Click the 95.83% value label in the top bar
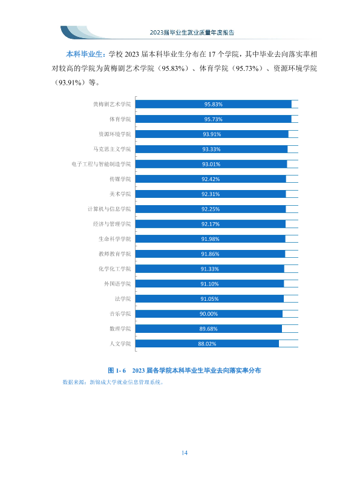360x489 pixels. [213, 104]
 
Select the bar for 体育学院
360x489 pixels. [213, 119]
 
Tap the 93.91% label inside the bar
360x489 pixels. [212, 134]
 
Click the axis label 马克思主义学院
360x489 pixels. [112, 149]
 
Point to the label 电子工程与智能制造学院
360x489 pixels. [101, 164]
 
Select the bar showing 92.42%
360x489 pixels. [211, 179]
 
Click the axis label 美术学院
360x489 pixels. [120, 194]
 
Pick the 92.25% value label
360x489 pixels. [211, 209]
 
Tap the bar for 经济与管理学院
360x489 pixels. [211, 224]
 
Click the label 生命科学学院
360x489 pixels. [115, 239]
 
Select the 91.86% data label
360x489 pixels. [210, 254]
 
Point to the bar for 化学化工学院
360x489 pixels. [210, 269]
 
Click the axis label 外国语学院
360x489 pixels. [117, 284]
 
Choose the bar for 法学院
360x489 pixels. [209, 299]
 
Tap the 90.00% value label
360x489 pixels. [209, 313]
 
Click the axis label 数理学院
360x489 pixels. [120, 329]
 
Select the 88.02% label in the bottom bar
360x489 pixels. [207, 344]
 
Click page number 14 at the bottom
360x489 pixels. [185, 453]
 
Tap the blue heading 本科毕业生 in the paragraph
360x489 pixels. [84, 54]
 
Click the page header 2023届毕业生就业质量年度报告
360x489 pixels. [192, 33]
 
